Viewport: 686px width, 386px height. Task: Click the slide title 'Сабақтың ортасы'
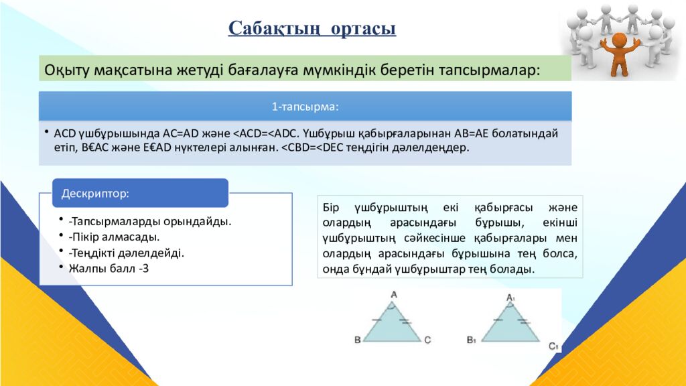312,29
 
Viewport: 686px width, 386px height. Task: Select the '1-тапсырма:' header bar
305,107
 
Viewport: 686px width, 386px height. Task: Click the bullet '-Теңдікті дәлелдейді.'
125,253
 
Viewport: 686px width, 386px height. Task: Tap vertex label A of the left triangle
394,294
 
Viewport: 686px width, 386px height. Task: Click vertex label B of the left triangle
358,340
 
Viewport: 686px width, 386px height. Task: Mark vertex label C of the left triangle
427,340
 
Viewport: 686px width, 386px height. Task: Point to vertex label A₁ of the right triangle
510,297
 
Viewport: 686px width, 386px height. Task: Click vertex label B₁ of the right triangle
472,340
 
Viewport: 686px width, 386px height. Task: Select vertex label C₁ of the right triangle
553,346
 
